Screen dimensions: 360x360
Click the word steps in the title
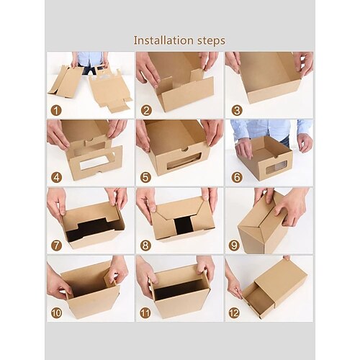point(211,41)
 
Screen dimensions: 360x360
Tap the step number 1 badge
point(56,111)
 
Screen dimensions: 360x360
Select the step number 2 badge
point(146,111)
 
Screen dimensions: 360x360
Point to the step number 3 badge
point(237,111)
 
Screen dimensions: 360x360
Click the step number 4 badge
point(56,178)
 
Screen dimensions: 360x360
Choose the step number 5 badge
point(145,178)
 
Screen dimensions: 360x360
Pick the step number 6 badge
point(237,178)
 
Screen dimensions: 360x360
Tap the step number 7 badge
point(56,246)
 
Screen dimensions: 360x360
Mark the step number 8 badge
point(145,246)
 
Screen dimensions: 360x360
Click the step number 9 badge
point(234,246)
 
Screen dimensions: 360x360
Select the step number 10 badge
point(56,313)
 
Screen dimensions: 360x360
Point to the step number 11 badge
point(145,313)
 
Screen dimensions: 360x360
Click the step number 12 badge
point(234,313)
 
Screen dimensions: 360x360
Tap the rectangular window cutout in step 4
point(94,163)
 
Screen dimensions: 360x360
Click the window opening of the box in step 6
point(276,167)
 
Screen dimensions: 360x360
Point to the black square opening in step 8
point(184,225)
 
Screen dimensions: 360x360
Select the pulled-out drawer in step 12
point(258,300)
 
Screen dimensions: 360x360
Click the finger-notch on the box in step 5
point(184,149)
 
